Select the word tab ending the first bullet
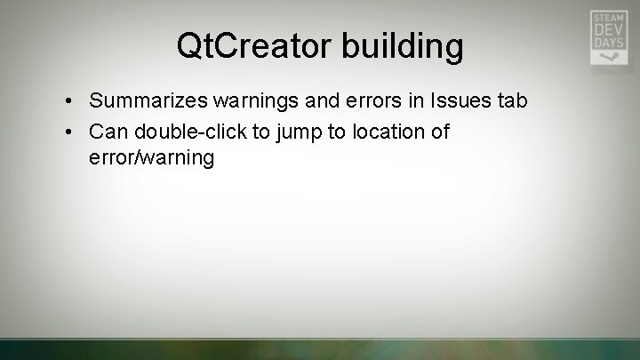click(x=511, y=101)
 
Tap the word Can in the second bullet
click(x=108, y=132)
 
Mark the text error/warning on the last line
click(x=152, y=158)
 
